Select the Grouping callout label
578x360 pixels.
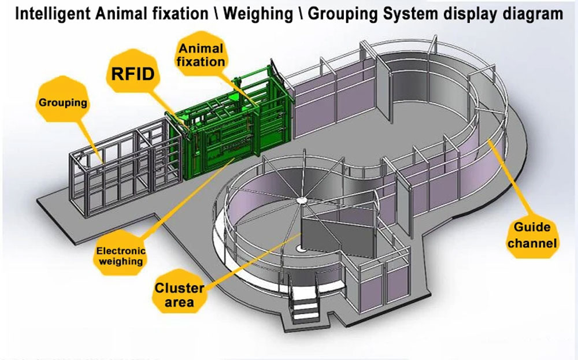pos(62,103)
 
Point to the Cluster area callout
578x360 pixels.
pos(179,295)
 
